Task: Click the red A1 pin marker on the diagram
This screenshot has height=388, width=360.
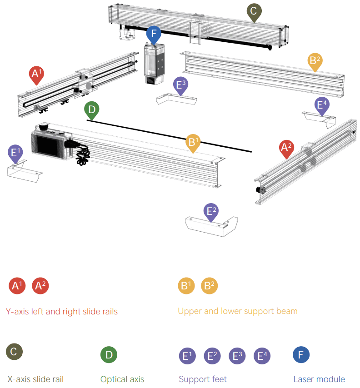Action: pos(37,74)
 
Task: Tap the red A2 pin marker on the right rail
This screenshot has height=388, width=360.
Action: pos(286,148)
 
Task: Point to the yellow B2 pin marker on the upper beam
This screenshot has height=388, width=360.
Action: pos(315,61)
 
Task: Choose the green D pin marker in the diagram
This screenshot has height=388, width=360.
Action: pos(92,110)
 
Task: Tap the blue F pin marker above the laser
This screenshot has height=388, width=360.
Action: pos(154,35)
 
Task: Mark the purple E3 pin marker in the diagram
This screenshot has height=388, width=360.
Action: pos(181,85)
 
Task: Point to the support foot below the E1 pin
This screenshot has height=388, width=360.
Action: pos(24,170)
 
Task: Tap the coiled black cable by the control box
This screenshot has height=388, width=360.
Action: pos(82,155)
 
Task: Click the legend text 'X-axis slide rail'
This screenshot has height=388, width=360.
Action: pos(35,379)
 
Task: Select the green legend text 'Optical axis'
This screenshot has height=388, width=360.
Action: pos(122,379)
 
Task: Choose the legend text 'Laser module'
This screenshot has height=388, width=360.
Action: pos(319,379)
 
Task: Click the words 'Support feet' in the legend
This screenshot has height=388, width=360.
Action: pos(203,379)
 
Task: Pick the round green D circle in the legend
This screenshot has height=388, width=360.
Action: pos(109,355)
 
